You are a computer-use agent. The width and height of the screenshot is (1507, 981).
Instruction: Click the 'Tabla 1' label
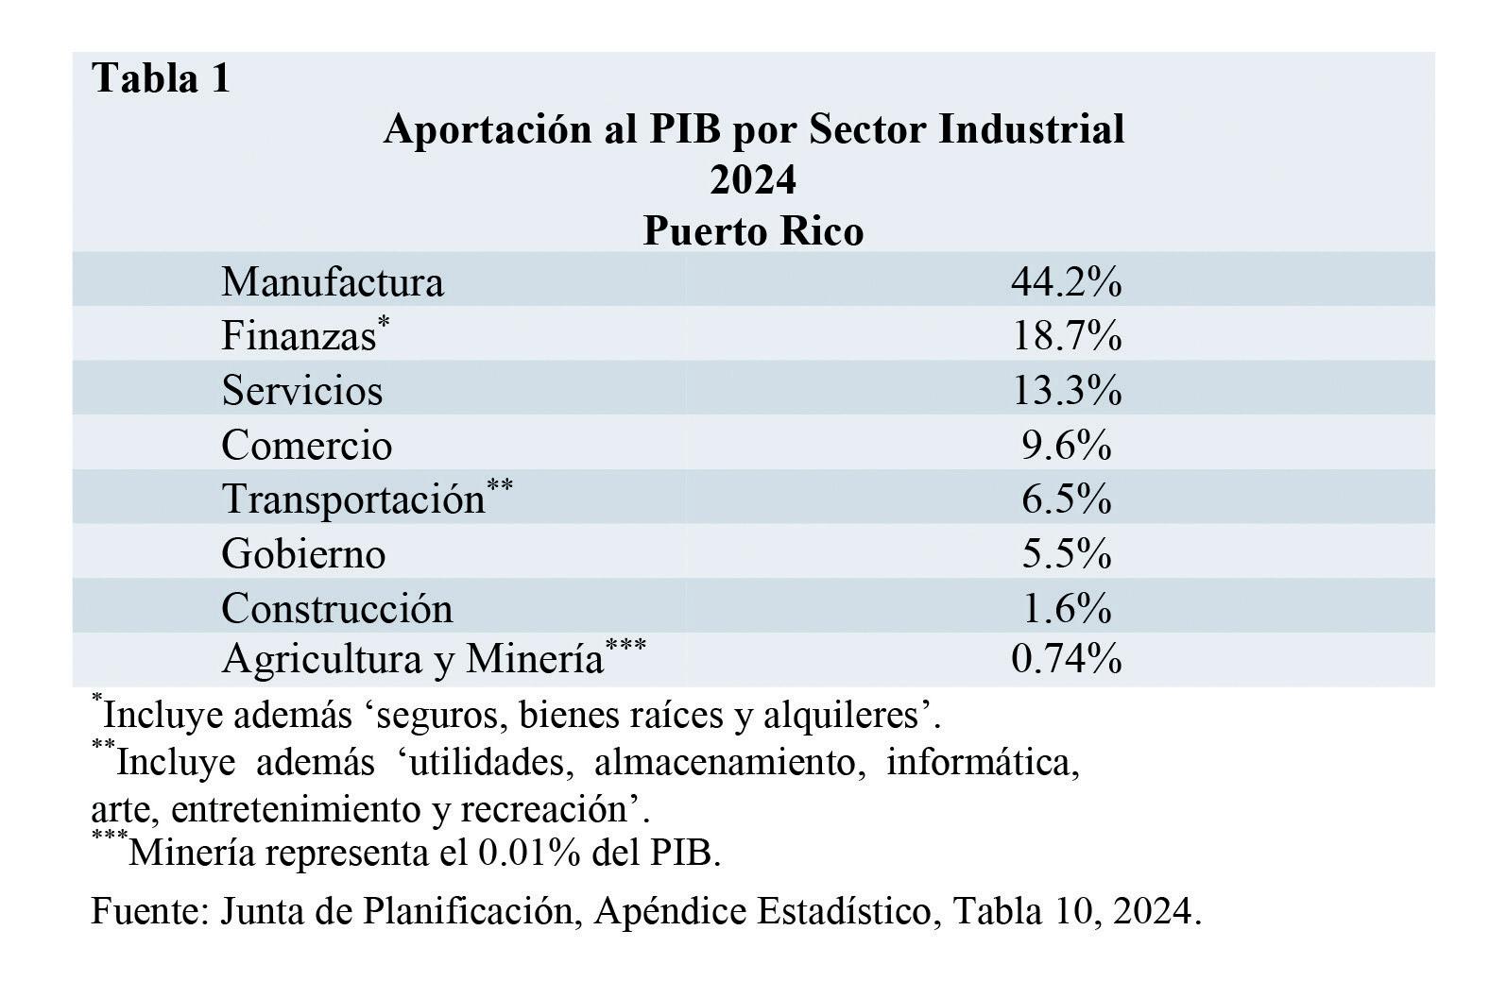click(161, 77)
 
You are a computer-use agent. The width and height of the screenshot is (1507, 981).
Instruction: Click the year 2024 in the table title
click(753, 179)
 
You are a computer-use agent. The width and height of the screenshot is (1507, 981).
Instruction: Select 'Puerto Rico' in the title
click(754, 231)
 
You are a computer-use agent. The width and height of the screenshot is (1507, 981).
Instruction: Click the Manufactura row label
click(333, 281)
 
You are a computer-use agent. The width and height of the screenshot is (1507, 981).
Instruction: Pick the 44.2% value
click(1067, 281)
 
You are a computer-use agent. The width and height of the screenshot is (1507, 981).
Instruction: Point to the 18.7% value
click(1067, 335)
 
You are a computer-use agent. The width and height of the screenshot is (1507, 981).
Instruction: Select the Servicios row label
click(302, 390)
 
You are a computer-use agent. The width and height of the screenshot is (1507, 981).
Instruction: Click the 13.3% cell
click(1067, 390)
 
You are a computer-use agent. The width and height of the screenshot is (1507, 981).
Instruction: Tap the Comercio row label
click(307, 445)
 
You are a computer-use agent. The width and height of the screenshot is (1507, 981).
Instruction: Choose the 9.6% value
click(1067, 445)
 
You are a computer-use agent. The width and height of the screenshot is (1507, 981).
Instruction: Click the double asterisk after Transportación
click(500, 484)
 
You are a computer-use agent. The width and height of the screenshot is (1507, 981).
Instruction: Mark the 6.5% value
click(1067, 499)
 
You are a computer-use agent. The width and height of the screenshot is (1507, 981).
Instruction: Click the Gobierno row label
click(303, 554)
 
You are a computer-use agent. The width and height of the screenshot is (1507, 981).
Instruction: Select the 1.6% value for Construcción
click(1067, 608)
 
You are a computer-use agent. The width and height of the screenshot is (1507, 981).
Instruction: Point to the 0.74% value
click(1067, 658)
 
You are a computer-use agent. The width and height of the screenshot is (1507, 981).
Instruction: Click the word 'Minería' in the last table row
click(534, 658)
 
